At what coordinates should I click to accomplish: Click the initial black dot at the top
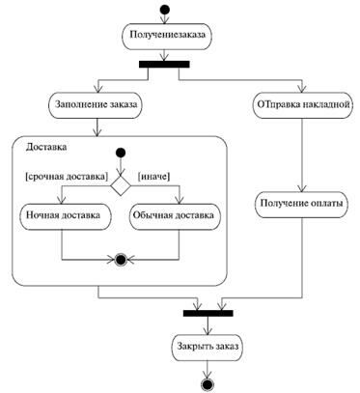pyautogui.click(x=164, y=12)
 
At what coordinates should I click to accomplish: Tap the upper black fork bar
pyautogui.click(x=164, y=65)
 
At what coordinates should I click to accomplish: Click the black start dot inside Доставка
pyautogui.click(x=121, y=153)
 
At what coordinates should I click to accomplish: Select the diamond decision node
pyautogui.click(x=121, y=180)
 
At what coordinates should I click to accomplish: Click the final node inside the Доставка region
pyautogui.click(x=121, y=260)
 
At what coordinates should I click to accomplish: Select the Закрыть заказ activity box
pyautogui.click(x=207, y=344)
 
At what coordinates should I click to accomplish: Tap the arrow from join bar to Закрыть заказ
pyautogui.click(x=207, y=324)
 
